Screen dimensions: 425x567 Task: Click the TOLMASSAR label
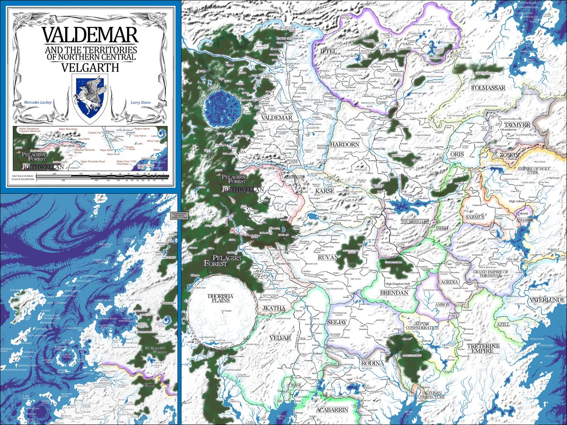point(489,88)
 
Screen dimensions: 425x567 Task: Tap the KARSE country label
point(326,192)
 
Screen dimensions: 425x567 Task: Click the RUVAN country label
point(329,258)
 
